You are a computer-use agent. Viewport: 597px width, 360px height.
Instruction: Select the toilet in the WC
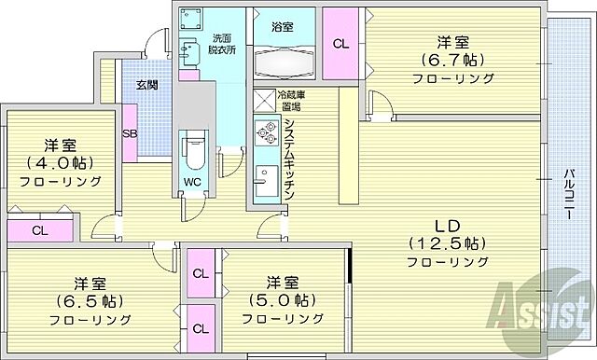coord(194,146)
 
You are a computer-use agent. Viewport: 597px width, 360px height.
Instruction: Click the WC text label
coord(192,181)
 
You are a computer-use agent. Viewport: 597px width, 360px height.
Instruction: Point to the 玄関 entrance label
coord(147,86)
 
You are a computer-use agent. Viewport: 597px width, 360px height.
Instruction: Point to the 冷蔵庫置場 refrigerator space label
coord(289,100)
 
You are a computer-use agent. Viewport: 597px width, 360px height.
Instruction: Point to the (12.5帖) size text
coord(446,243)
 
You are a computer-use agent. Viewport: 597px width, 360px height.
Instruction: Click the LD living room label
coord(446,224)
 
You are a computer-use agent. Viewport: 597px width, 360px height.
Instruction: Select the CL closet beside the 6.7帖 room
coord(340,44)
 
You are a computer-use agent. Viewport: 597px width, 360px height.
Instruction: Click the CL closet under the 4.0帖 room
coord(39,230)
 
